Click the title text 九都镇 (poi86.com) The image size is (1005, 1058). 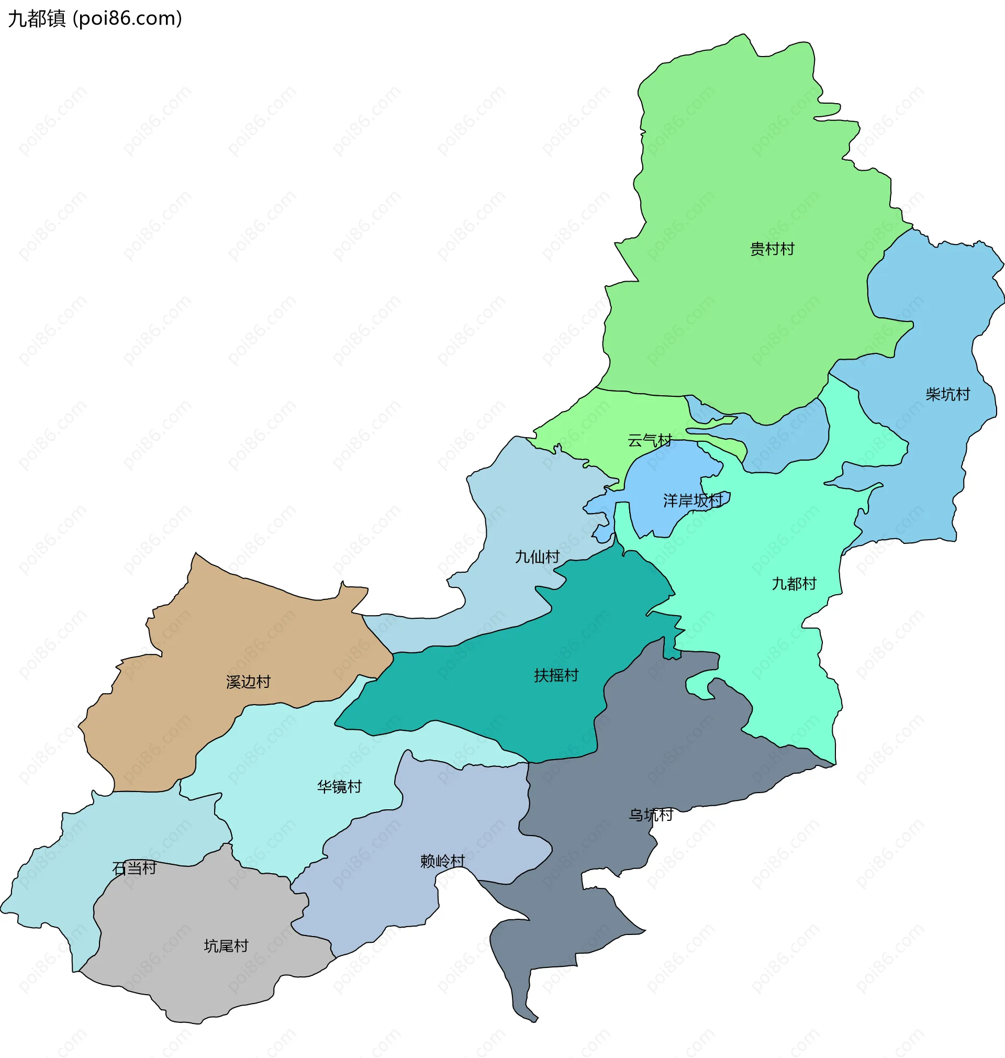[95, 19]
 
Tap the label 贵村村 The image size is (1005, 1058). [772, 249]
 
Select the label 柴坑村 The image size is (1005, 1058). [947, 394]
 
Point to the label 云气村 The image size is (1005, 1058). [650, 440]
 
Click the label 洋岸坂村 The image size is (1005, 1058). [693, 500]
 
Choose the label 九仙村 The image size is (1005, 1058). [537, 556]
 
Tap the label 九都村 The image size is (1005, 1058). [794, 583]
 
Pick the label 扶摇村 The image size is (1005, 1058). [556, 675]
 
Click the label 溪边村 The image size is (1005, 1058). [248, 682]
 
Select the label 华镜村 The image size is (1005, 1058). [339, 786]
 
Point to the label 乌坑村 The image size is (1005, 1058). [650, 815]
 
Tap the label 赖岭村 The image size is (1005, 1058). [442, 861]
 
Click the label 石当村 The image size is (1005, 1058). [134, 868]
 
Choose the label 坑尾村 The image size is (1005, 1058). [226, 946]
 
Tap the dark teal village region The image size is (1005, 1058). [482, 691]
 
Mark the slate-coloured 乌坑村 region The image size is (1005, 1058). [669, 750]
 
